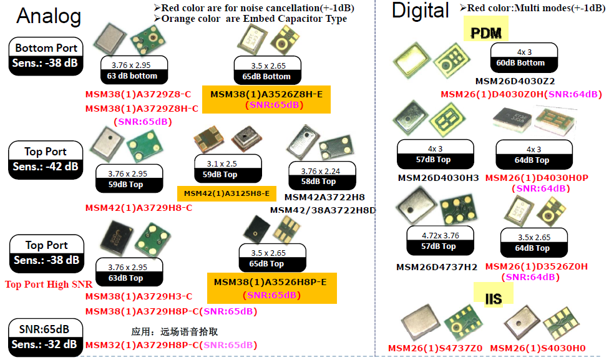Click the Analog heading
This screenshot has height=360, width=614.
click(x=49, y=17)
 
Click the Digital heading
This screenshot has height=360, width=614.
click(x=420, y=11)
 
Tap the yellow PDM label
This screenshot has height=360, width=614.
click(x=486, y=32)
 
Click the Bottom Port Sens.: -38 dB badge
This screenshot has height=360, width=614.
click(x=46, y=56)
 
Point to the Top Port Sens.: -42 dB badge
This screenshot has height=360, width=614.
click(x=46, y=159)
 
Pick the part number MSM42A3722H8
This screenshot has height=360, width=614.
click(x=324, y=197)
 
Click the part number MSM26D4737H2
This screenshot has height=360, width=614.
click(x=437, y=267)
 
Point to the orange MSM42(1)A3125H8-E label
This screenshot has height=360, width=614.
click(x=227, y=193)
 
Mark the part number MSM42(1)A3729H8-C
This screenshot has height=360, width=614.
click(x=139, y=208)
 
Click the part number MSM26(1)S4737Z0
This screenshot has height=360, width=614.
click(x=435, y=348)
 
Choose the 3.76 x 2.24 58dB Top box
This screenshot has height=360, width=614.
click(x=322, y=176)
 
